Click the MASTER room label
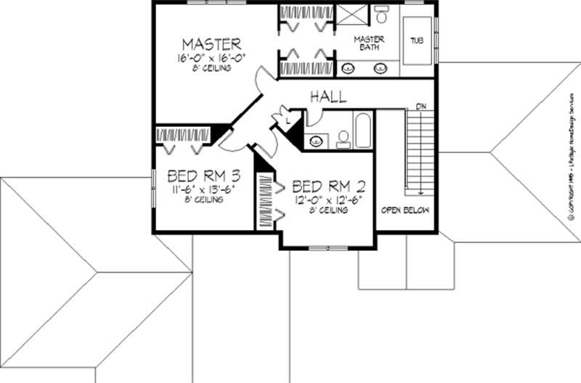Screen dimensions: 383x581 pyautogui.click(x=211, y=44)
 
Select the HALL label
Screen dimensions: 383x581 pyautogui.click(x=328, y=96)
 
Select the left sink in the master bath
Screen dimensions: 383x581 pyautogui.click(x=349, y=69)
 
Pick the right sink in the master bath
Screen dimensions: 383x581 pyautogui.click(x=379, y=69)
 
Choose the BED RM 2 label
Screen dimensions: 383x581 pyautogui.click(x=325, y=185)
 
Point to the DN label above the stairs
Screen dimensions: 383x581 pyautogui.click(x=420, y=107)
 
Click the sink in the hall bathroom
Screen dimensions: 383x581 pyautogui.click(x=316, y=140)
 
